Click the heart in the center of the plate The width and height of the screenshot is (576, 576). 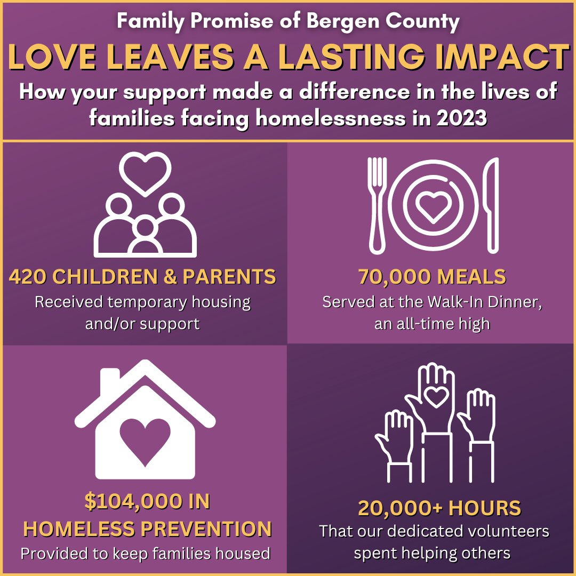(433, 205)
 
